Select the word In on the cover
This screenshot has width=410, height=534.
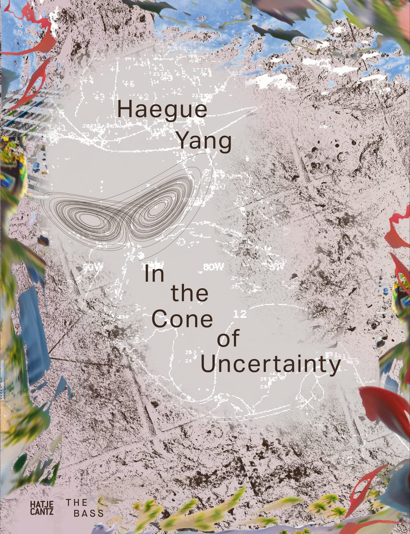click(154, 272)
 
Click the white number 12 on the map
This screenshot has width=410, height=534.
click(240, 314)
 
